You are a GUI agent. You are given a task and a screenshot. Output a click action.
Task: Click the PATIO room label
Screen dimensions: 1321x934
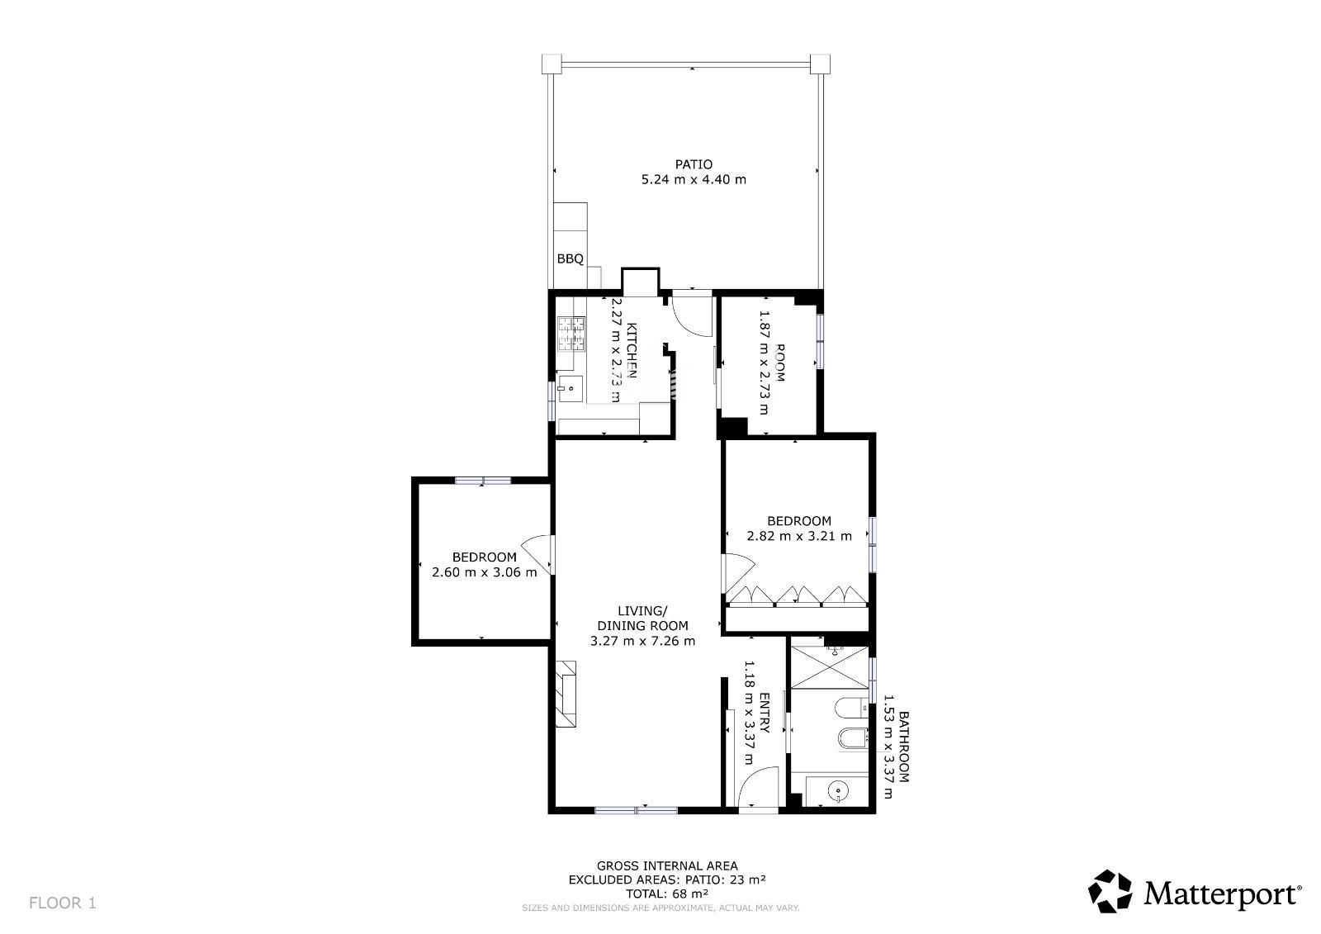[x=694, y=164]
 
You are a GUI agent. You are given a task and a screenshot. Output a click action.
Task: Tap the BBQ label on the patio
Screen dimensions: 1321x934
[x=571, y=258]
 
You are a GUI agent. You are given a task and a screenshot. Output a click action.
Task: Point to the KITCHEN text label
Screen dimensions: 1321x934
[x=632, y=350]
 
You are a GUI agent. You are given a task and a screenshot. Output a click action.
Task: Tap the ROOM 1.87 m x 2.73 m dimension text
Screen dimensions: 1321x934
[x=773, y=363]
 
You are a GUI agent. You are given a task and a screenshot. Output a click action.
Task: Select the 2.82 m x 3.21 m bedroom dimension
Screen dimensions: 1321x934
[x=799, y=536]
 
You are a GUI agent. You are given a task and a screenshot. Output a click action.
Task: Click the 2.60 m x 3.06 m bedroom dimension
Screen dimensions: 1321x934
[x=484, y=572]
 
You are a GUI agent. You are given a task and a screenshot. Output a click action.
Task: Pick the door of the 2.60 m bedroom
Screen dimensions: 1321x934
[x=537, y=554]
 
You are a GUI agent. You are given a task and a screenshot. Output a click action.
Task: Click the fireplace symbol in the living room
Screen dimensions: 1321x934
[x=566, y=693]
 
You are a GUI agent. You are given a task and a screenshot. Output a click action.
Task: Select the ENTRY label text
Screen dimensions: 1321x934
[x=764, y=712]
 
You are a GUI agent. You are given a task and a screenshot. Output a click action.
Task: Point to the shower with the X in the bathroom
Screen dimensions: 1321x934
[x=829, y=667]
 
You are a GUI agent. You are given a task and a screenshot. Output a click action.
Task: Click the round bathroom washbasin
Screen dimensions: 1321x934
[x=837, y=789]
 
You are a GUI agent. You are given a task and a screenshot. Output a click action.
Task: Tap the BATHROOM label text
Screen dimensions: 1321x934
[x=903, y=747]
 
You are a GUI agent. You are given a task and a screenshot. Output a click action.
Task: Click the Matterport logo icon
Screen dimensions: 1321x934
[x=1110, y=891]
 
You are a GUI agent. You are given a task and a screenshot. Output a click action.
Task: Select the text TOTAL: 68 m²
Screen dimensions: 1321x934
[x=667, y=894]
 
